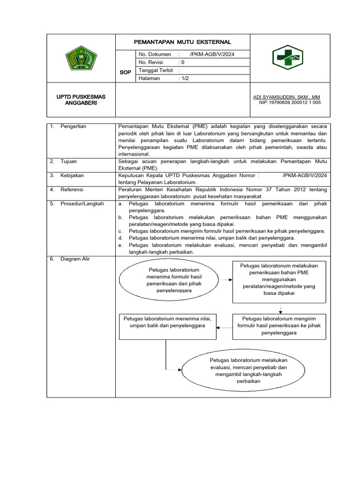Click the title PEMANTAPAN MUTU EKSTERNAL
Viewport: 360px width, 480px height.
182,42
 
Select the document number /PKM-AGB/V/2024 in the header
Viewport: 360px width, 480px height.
212,54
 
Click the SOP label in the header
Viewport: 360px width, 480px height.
125,73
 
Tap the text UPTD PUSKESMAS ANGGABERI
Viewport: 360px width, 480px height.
81,100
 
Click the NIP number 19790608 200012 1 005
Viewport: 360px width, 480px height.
290,103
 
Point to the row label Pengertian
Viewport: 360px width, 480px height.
74,127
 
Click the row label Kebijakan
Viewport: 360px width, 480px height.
72,175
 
